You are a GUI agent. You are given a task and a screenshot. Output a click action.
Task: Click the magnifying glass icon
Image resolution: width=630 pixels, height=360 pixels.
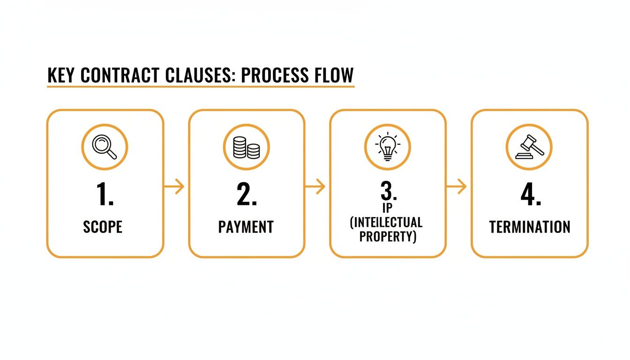(105, 147)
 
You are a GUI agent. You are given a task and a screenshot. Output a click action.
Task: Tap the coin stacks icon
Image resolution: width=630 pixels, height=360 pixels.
(247, 147)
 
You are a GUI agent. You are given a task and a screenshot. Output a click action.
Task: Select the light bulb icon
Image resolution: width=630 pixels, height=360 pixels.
(387, 147)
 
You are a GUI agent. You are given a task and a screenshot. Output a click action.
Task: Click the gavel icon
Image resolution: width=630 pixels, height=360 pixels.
(529, 147)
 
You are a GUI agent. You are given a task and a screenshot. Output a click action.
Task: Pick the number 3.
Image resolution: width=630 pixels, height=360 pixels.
(387, 190)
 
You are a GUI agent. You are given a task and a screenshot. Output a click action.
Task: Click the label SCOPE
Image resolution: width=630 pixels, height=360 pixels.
(103, 227)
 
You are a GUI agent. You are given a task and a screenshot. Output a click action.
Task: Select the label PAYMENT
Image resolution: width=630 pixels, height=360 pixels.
(246, 227)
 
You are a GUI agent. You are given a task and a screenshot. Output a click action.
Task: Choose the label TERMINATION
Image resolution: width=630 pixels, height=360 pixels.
(530, 227)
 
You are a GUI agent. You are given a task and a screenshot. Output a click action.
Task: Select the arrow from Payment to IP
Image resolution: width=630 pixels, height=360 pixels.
(316, 187)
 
